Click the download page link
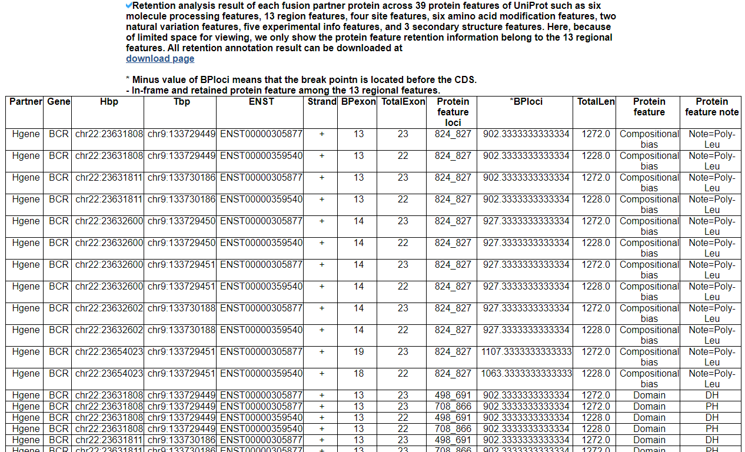pyautogui.click(x=160, y=59)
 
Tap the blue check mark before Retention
pyautogui.click(x=129, y=5)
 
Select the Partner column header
pyautogui.click(x=26, y=102)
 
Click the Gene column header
pyautogui.click(x=59, y=102)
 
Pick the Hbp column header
pyautogui.click(x=109, y=102)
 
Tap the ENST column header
pyautogui.click(x=261, y=102)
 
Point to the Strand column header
pyautogui.click(x=322, y=102)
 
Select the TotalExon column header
pyautogui.click(x=403, y=102)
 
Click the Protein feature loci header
pyautogui.click(x=453, y=112)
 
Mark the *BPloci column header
pyautogui.click(x=526, y=102)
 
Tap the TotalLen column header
pyautogui.click(x=596, y=102)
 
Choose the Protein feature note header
pyautogui.click(x=711, y=107)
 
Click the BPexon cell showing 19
pyautogui.click(x=358, y=352)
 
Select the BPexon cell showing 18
pyautogui.click(x=358, y=374)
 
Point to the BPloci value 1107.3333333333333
pyautogui.click(x=526, y=352)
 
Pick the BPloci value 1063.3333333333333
pyautogui.click(x=526, y=374)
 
